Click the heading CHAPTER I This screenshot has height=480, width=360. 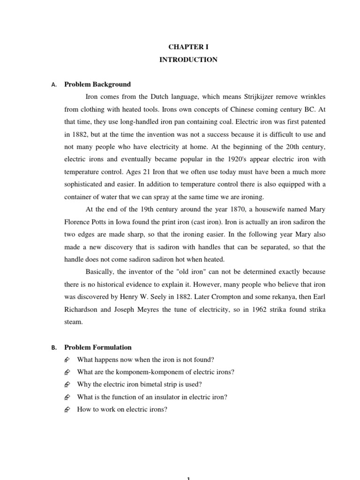(x=187, y=48)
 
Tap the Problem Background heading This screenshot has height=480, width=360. (x=97, y=84)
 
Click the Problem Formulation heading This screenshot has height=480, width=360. (x=98, y=347)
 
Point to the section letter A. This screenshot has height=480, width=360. (x=54, y=85)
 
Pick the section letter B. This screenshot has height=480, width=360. (x=54, y=348)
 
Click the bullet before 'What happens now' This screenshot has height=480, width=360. (x=67, y=360)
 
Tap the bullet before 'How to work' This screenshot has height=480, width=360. (x=67, y=409)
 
